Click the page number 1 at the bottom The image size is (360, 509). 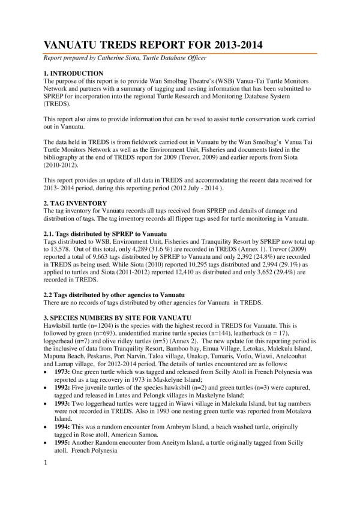pyautogui.click(x=44, y=481)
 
